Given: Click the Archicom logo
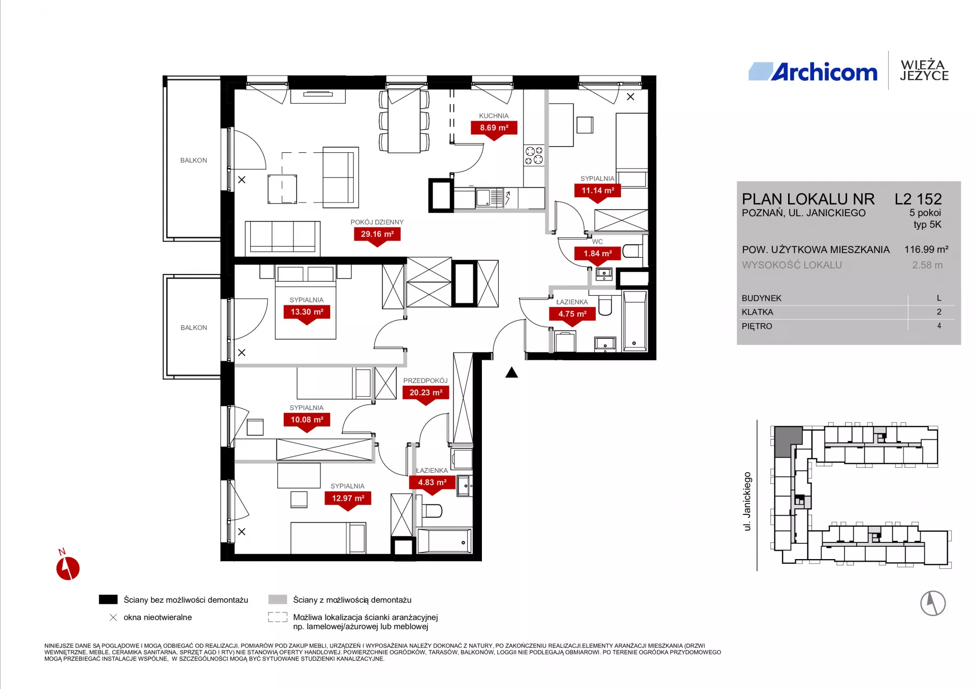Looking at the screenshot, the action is click(x=813, y=72).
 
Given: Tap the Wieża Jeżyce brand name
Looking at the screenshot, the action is click(x=924, y=71).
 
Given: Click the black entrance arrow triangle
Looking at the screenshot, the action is click(x=511, y=372).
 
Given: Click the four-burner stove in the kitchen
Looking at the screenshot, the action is click(x=534, y=155).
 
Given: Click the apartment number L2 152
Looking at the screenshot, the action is click(x=918, y=199).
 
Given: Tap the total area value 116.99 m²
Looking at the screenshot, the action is click(x=926, y=249).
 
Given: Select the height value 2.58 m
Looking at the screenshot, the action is click(x=927, y=265).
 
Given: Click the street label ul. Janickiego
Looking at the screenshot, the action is click(x=747, y=501).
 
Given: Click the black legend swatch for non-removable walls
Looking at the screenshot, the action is click(x=108, y=600).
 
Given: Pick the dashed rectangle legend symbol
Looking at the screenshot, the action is click(x=278, y=617).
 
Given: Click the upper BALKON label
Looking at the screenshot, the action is click(x=193, y=160).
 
